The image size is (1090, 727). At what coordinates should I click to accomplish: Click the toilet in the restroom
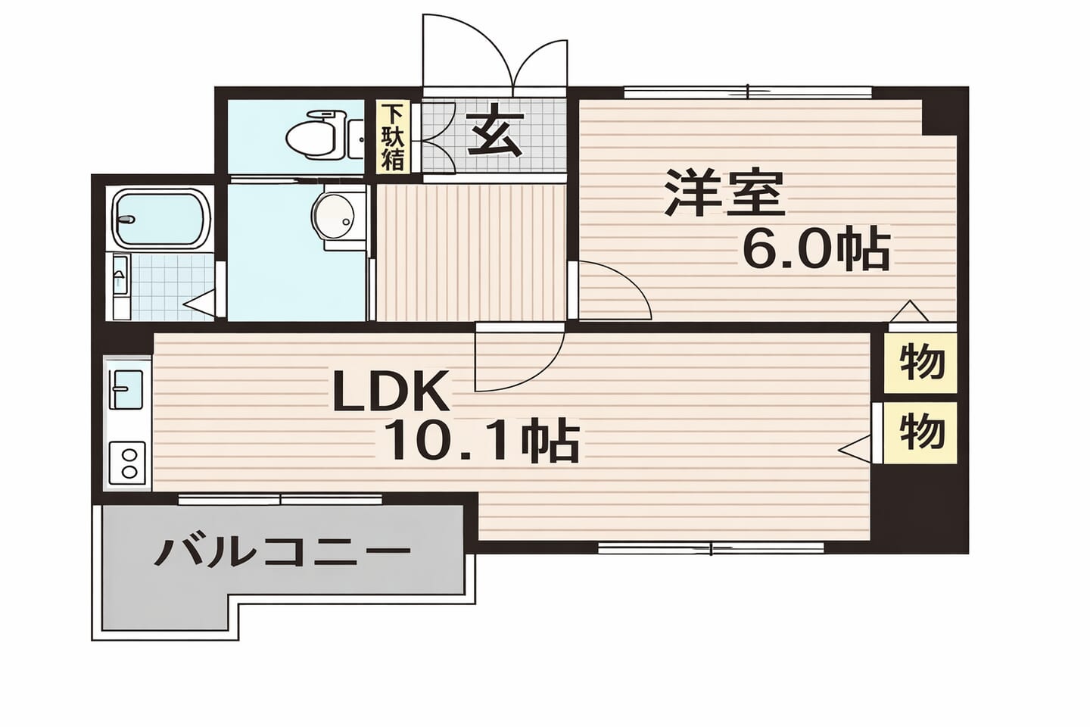click(x=316, y=134)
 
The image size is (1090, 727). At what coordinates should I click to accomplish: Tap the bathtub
click(x=162, y=220)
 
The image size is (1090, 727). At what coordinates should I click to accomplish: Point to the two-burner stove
click(x=128, y=463)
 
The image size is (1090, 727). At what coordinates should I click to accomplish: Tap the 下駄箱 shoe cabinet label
click(x=393, y=137)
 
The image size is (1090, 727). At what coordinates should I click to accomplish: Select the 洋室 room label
click(x=724, y=193)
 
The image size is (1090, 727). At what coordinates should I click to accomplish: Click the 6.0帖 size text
click(x=815, y=249)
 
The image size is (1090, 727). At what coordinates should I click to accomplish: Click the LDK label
click(x=391, y=392)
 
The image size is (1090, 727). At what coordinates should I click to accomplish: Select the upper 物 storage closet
click(x=921, y=362)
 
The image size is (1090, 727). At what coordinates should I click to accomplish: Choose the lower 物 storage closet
click(x=921, y=432)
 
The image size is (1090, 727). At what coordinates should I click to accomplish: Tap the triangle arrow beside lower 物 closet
click(x=855, y=449)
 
